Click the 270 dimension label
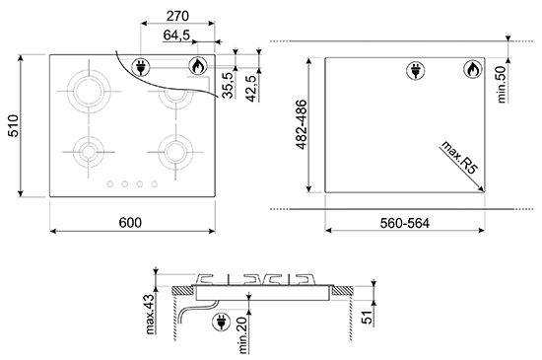[x=177, y=16]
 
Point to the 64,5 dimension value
[x=176, y=35]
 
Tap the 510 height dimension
[x=14, y=125]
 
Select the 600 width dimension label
[x=130, y=222]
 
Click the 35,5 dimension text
[x=227, y=86]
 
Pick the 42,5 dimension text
[x=252, y=89]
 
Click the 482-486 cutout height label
[x=302, y=124]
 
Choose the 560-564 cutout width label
[x=405, y=223]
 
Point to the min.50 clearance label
[x=502, y=85]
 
